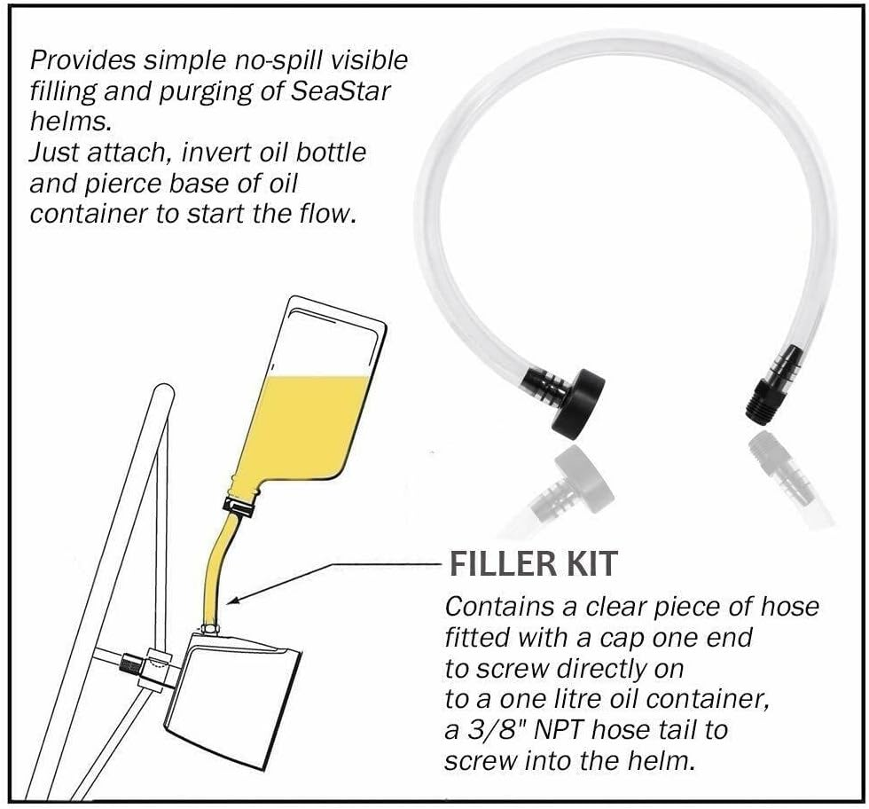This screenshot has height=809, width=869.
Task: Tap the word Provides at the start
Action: point(82,60)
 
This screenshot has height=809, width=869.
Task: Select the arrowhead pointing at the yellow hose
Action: point(233,602)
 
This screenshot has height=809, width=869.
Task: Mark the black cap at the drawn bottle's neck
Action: point(239,508)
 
